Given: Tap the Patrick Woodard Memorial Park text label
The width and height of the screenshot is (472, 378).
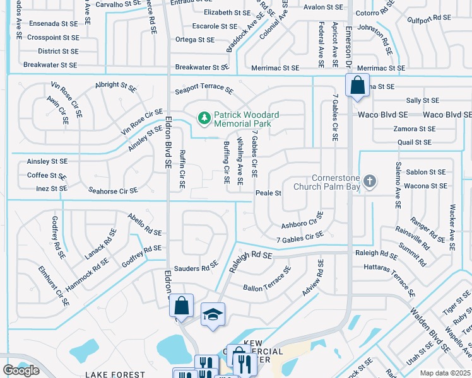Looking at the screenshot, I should pos(246,120).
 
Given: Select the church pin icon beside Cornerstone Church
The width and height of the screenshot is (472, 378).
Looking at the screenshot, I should pos(370,182).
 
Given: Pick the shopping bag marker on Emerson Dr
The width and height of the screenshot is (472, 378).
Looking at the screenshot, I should pos(357,86).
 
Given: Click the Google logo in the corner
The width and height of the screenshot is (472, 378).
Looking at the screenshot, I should pos(21,370).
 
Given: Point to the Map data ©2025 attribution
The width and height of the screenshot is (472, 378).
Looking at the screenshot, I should pos(445,373).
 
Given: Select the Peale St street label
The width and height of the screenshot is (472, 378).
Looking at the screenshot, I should pos(268,193).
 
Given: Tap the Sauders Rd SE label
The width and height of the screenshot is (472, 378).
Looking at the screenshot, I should pos(196,268).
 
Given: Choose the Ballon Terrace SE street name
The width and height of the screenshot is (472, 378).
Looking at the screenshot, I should pos(268,280).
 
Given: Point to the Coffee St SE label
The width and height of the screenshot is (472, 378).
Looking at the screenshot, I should pos(47,176).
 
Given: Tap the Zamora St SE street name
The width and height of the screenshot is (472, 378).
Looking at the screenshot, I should pos(414,129).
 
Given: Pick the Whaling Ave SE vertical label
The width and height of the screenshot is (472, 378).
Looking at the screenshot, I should pos(240,163).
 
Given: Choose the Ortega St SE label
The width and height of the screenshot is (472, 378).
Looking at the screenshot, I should pos(195,40).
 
